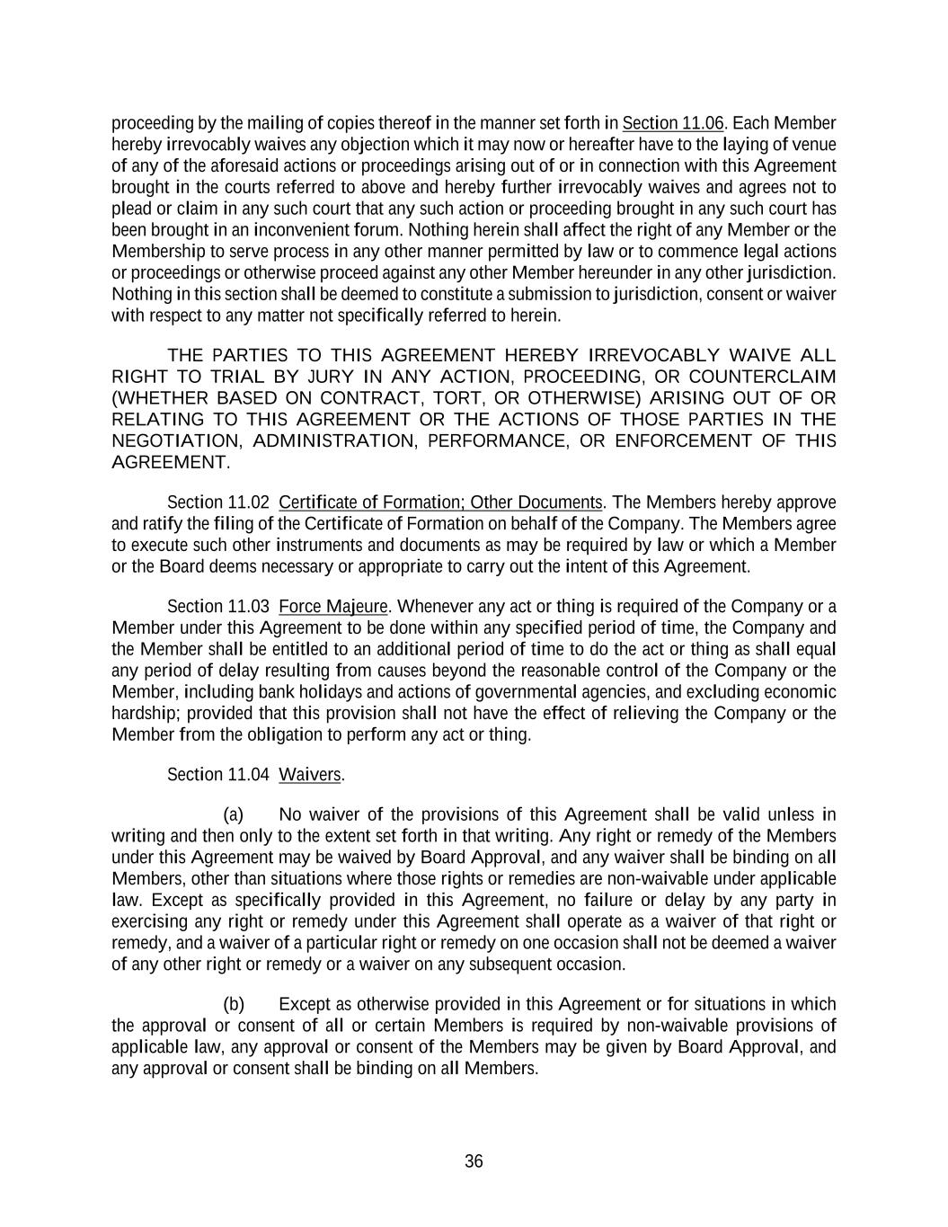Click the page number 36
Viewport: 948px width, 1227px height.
(474, 1161)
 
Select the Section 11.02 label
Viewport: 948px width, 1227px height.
(218, 502)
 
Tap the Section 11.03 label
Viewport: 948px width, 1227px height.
(218, 607)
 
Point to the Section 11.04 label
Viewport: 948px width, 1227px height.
(218, 775)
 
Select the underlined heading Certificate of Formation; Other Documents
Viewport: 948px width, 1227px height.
(440, 502)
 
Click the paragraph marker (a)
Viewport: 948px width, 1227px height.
(234, 815)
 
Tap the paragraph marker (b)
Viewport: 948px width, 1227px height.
(234, 1004)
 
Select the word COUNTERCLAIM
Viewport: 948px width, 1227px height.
(763, 377)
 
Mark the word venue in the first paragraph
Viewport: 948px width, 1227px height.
(814, 145)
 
